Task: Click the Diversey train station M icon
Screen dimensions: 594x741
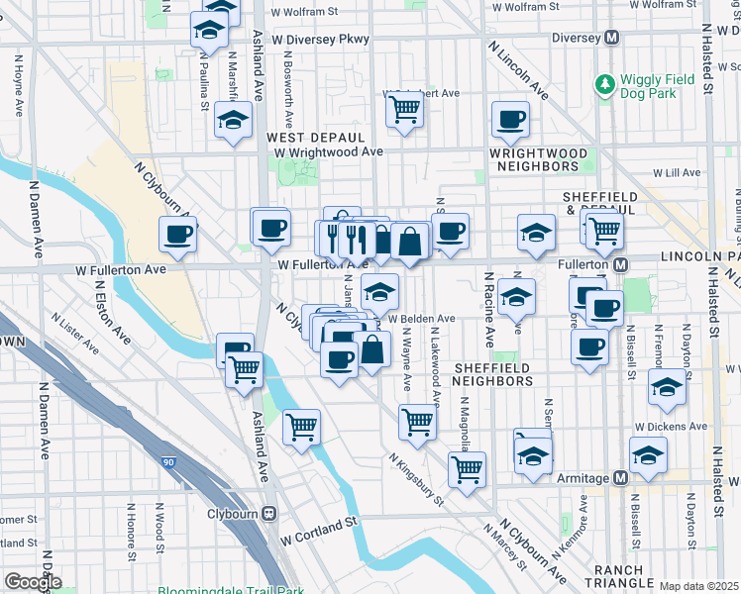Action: point(612,38)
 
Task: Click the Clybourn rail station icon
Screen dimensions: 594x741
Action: point(268,514)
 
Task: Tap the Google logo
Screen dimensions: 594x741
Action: point(33,582)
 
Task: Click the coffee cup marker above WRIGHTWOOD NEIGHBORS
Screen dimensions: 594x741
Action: point(510,120)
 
